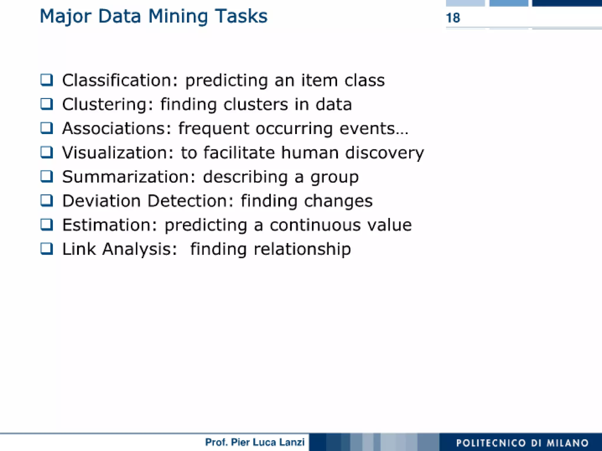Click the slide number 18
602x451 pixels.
click(x=453, y=18)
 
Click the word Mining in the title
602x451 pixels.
click(x=178, y=16)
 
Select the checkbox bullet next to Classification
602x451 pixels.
click(x=47, y=80)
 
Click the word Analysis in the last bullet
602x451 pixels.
click(x=140, y=249)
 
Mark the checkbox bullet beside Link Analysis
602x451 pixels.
click(x=47, y=249)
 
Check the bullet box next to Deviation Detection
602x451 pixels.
click(x=47, y=201)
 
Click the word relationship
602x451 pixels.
click(x=302, y=249)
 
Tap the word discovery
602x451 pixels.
click(x=384, y=153)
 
